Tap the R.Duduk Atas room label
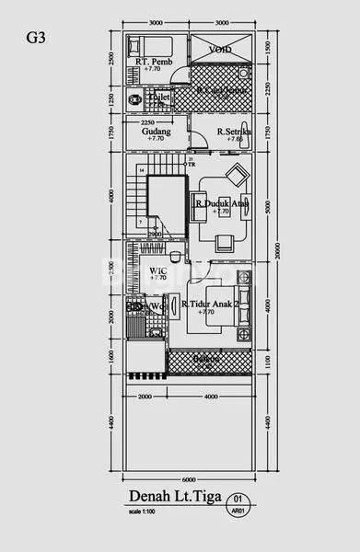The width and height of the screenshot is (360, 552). tap(221, 204)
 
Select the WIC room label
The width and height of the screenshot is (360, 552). tap(157, 270)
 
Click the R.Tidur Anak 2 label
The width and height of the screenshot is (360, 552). tap(210, 305)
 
